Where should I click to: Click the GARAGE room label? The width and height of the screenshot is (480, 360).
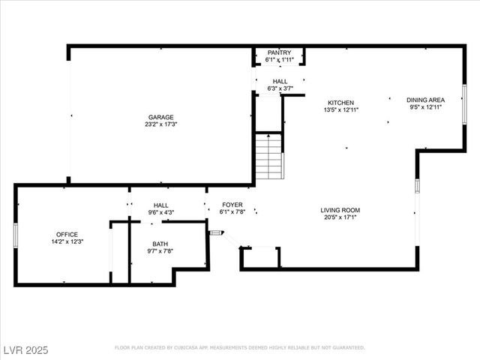coord(160,117)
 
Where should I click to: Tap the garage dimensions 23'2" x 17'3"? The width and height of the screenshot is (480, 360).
coord(160,124)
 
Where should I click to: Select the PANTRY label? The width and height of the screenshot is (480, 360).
coord(279,52)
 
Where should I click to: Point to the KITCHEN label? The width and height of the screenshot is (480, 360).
coord(341,103)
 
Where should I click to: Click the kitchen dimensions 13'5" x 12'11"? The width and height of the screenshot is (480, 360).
coord(341,110)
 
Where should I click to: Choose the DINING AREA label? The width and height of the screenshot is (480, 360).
coord(426,100)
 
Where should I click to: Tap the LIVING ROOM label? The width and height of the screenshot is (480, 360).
coord(340,210)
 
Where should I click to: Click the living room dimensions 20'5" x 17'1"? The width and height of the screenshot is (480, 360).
coord(340,217)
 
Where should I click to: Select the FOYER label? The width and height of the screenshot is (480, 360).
coord(232,204)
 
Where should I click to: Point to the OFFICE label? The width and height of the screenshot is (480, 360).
coord(67,234)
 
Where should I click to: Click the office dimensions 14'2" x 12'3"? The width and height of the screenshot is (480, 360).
coord(67,241)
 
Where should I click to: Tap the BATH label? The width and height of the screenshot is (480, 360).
coord(160,244)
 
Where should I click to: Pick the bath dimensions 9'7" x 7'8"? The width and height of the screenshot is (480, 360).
coord(160,251)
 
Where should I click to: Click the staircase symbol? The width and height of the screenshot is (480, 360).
coord(268,156)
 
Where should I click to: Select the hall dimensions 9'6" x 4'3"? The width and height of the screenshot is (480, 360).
coord(161,212)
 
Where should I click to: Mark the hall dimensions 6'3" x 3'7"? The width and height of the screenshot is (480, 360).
coord(280,88)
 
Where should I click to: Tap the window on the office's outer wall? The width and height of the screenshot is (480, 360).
coord(16,235)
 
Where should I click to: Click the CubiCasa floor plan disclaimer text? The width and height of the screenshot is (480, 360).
coord(240,348)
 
